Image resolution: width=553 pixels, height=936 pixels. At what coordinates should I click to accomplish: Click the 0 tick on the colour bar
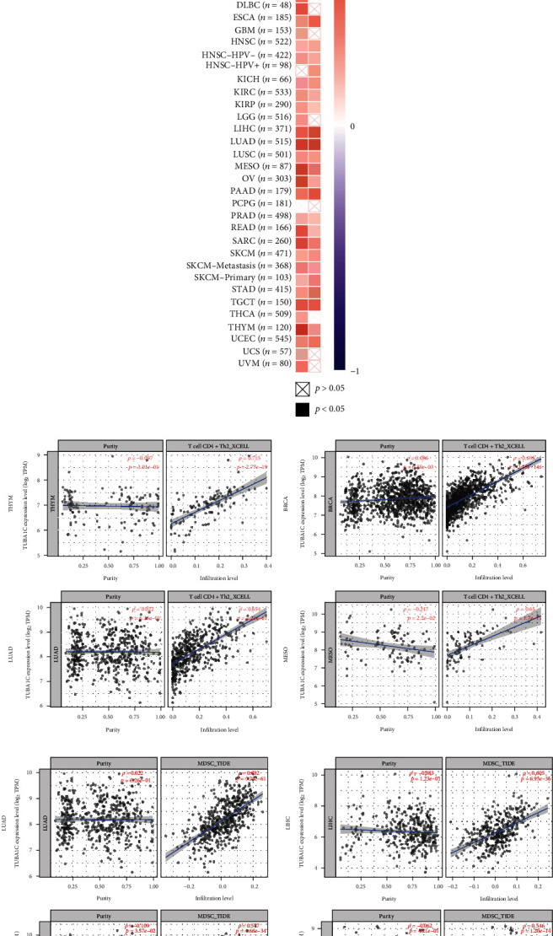point(352,126)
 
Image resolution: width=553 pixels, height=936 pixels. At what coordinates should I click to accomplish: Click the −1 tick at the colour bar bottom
point(352,370)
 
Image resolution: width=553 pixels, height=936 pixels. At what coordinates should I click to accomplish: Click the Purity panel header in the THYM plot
point(105,444)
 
